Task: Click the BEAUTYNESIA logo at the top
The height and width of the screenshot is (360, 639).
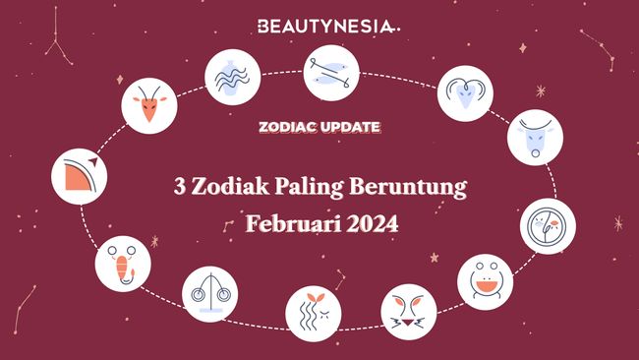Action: tap(319, 26)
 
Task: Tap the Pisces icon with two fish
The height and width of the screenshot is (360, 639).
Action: tap(331, 73)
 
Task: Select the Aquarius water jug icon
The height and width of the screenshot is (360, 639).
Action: tap(232, 76)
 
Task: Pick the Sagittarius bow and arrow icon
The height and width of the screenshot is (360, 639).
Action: tap(80, 175)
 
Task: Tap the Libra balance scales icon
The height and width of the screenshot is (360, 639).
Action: tap(209, 294)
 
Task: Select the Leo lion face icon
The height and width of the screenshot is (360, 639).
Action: tap(408, 311)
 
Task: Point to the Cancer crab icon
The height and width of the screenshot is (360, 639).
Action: tap(485, 280)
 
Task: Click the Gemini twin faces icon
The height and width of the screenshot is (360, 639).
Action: tap(547, 225)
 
